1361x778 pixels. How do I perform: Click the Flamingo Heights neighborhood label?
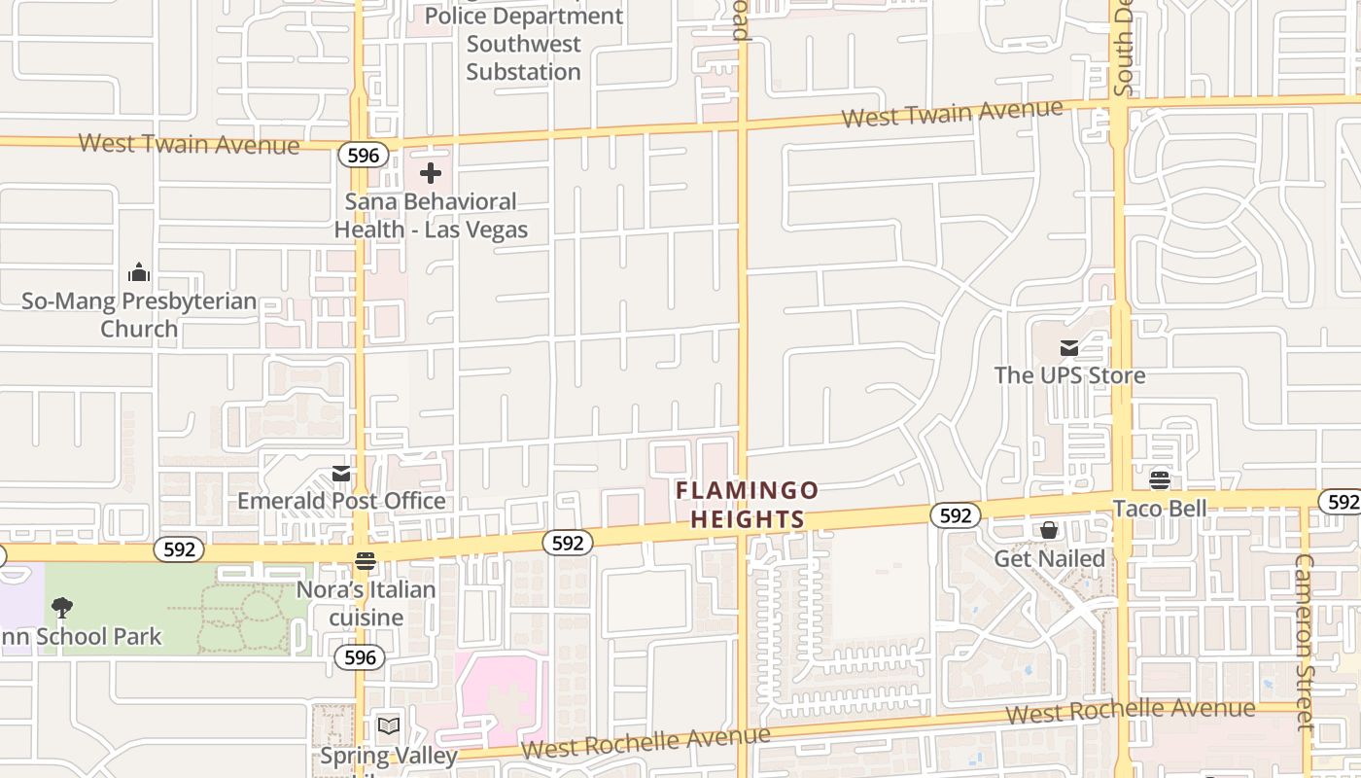pos(747,505)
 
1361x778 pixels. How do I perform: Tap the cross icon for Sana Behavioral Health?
pos(431,174)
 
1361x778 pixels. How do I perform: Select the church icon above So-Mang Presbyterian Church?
pos(139,272)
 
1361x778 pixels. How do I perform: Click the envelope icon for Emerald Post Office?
pos(341,474)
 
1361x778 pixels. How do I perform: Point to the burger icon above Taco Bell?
pos(1159,479)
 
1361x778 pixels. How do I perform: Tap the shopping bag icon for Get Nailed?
pos(1049,530)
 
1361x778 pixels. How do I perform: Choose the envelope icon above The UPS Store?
pos(1069,347)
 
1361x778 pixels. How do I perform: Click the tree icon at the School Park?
pos(62,609)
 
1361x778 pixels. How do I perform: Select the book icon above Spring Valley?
pos(389,725)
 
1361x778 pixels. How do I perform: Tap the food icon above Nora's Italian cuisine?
pos(366,561)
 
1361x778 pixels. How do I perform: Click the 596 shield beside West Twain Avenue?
pos(364,155)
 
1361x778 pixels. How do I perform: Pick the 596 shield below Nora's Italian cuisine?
pos(360,657)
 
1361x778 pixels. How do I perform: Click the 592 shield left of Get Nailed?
pos(955,515)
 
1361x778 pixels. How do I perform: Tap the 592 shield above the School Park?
pos(179,549)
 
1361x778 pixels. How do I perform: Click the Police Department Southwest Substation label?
pos(524,44)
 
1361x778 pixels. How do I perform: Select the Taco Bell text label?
pos(1159,508)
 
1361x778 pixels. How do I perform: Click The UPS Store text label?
pos(1069,375)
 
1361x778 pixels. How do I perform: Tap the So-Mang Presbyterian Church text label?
pos(139,315)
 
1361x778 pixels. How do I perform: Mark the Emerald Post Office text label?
pos(341,501)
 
